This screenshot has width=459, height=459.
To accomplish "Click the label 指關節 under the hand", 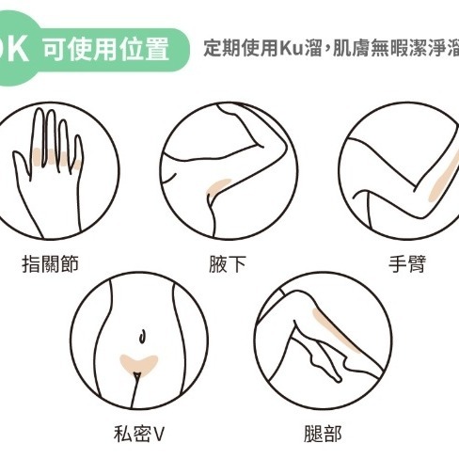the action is [50, 264].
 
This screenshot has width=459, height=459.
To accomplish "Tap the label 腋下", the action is [228, 264].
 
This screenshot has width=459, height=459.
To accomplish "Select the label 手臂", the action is [407, 264].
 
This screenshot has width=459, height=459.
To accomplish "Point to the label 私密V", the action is [139, 434].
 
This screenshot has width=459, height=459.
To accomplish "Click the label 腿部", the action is [323, 434].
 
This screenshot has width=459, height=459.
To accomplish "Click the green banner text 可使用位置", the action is [106, 50].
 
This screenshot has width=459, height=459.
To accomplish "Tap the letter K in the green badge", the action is [17, 49].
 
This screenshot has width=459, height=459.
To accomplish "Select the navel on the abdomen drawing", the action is [142, 336].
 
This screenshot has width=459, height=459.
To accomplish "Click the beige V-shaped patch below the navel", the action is [138, 364].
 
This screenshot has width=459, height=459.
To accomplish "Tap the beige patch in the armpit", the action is [217, 189].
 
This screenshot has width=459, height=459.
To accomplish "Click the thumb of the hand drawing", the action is [21, 166].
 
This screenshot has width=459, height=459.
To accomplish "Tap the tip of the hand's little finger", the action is [78, 137].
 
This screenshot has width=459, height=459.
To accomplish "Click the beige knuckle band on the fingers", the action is [56, 157].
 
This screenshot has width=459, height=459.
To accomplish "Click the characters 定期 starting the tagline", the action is [223, 48].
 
